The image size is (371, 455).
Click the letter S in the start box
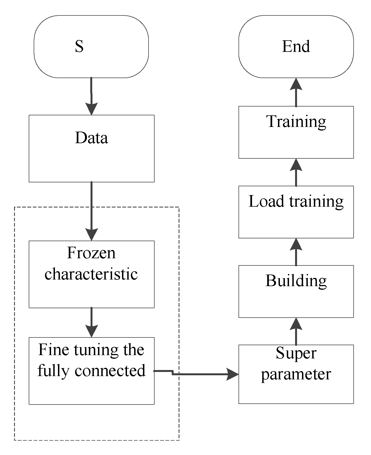pyautogui.click(x=79, y=46)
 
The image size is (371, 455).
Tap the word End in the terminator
pyautogui.click(x=296, y=46)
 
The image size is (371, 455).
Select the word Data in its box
pyautogui.click(x=91, y=138)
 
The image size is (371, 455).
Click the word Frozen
pyautogui.click(x=91, y=253)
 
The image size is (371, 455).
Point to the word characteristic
pyautogui.click(x=91, y=274)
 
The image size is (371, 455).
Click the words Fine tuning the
pyautogui.click(x=91, y=350)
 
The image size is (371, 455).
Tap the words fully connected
pyautogui.click(x=91, y=371)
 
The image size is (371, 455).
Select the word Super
pyautogui.click(x=296, y=353)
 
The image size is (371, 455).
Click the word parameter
pyautogui.click(x=296, y=374)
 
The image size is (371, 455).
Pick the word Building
pyautogui.click(x=296, y=281)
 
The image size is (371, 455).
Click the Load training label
pyautogui.click(x=296, y=201)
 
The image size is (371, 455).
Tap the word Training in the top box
pyautogui.click(x=296, y=121)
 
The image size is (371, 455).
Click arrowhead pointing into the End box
pyautogui.click(x=296, y=84)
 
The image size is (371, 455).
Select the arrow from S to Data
pyautogui.click(x=91, y=97)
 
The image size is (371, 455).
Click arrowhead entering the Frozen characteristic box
pyautogui.click(x=91, y=235)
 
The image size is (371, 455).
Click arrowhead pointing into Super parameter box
pyautogui.click(x=232, y=374)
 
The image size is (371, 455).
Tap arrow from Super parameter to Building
pyautogui.click(x=296, y=331)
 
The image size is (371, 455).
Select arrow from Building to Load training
pyautogui.click(x=296, y=252)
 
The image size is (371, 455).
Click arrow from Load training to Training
pyautogui.click(x=296, y=172)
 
